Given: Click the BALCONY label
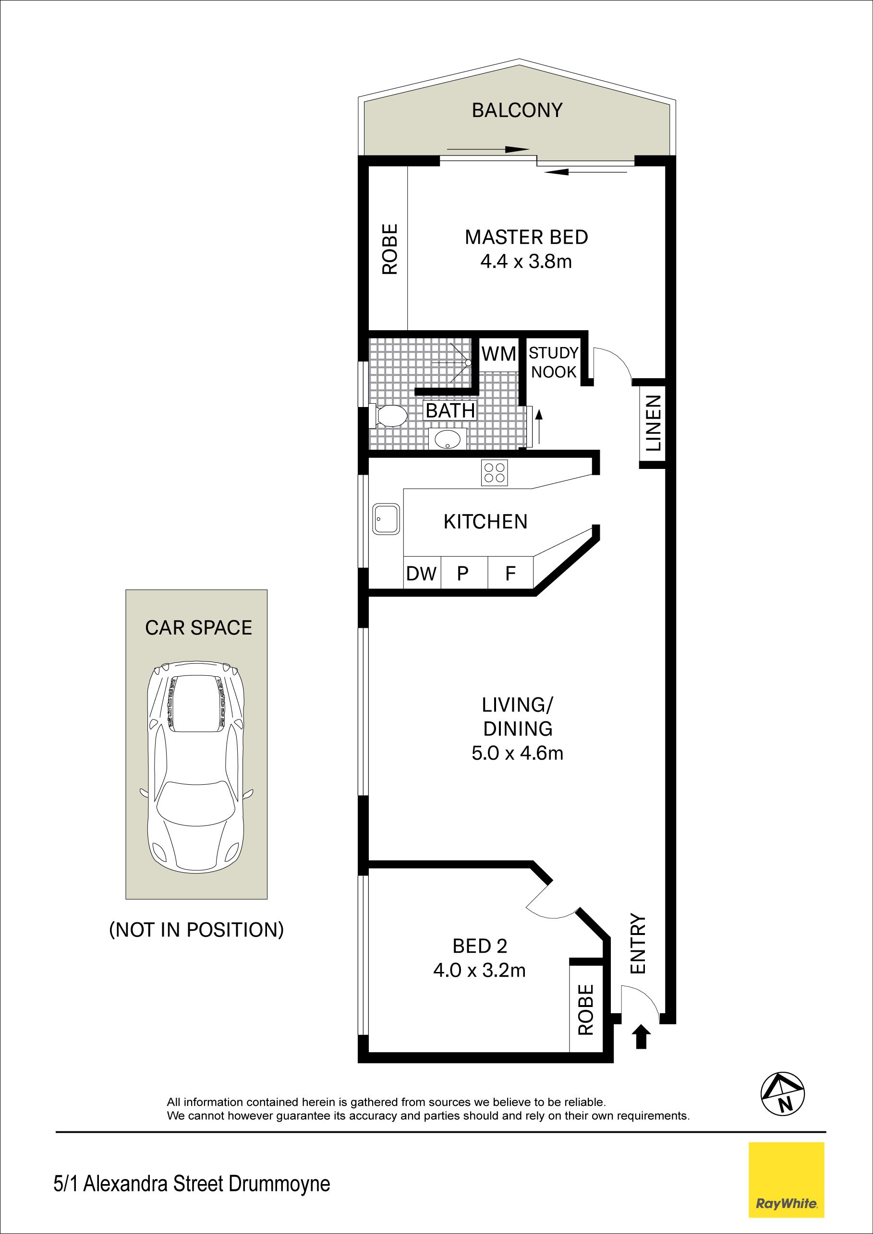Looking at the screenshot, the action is (517, 110).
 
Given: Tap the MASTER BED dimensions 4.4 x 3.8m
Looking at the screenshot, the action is (526, 262).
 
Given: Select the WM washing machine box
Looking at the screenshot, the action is (498, 354).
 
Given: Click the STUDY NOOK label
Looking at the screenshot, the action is (553, 362).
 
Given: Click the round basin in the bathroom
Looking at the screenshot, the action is (447, 439).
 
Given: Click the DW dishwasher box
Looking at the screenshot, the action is (422, 573).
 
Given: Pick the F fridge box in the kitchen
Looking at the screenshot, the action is (510, 573).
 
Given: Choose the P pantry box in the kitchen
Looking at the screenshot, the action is (463, 573).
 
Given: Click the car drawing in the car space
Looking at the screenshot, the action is (197, 767).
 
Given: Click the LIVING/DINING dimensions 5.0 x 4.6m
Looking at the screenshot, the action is (517, 753).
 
